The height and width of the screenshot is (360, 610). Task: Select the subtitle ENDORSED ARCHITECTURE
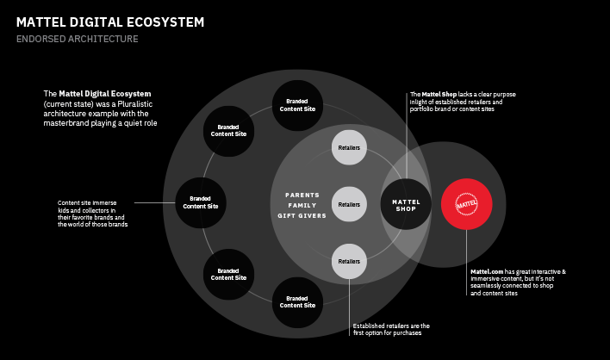point(77,39)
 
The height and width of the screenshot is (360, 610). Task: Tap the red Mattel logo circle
point(466,204)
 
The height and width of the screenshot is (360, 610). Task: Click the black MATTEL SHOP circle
point(405,204)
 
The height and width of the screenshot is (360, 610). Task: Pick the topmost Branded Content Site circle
point(297,105)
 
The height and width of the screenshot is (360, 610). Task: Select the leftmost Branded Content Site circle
point(200,203)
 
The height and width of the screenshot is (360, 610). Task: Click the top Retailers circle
point(349,148)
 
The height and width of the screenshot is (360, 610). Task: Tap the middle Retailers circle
point(349,204)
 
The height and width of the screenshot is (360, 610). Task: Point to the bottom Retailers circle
point(349,261)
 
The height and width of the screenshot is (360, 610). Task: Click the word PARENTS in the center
point(302,195)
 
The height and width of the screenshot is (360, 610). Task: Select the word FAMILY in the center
point(302,205)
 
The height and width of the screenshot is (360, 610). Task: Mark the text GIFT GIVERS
point(302,215)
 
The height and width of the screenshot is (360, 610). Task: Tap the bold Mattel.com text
point(486,272)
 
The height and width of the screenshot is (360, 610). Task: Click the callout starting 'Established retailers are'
point(391,329)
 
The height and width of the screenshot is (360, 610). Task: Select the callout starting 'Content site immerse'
point(92,214)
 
